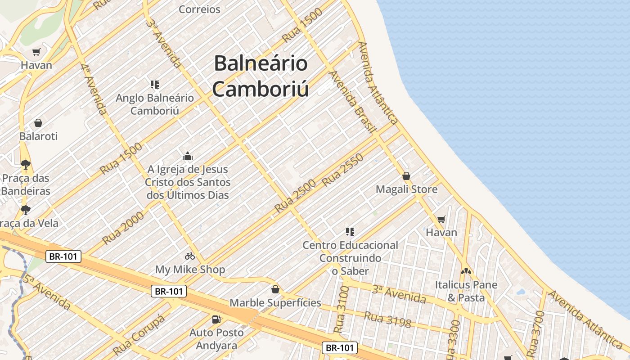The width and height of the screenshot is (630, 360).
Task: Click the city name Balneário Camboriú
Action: tap(261, 76)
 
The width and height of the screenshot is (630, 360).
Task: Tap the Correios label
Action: tap(199, 9)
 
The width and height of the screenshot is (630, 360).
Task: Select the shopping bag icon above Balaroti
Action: tap(38, 123)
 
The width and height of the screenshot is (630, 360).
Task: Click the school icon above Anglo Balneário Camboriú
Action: tap(155, 84)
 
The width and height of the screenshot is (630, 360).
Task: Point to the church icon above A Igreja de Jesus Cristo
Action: tap(187, 156)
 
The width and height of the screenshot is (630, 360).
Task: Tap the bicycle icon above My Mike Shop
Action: tap(190, 256)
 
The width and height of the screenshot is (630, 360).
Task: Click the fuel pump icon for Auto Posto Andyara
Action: tap(216, 319)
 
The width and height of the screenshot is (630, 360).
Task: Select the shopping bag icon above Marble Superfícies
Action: tap(275, 289)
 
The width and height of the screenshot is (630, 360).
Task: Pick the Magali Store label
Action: tap(406, 189)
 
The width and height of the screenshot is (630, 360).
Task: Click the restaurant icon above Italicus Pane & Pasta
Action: tap(466, 271)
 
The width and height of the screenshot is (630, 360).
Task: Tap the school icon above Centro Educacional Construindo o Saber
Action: tap(350, 232)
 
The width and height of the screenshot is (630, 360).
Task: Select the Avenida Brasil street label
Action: tap(352, 102)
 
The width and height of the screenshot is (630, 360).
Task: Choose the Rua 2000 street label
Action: tap(123, 228)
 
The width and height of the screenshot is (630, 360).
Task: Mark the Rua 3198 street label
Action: tap(387, 319)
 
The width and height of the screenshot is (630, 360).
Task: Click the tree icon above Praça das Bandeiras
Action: tap(26, 165)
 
